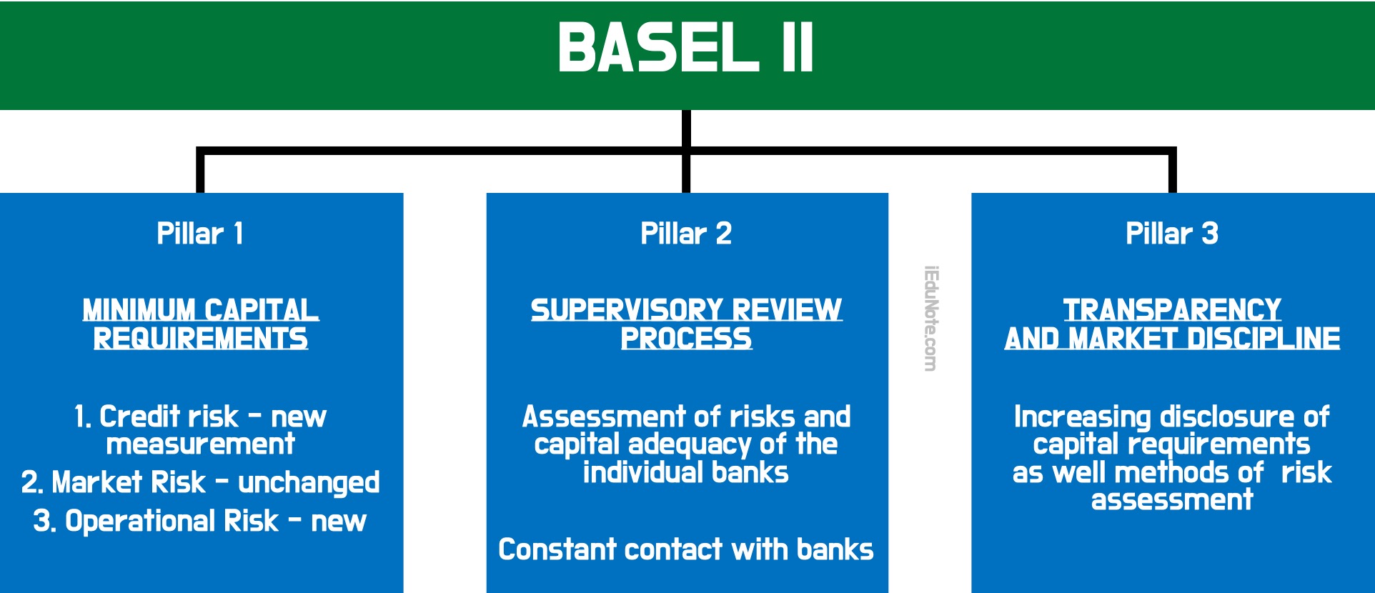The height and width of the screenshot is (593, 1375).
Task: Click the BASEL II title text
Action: tap(685, 47)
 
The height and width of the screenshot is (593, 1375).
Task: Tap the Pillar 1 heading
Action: tap(200, 234)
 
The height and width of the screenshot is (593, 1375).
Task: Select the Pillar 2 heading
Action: tap(686, 234)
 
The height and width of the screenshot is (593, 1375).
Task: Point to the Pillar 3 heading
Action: tap(1172, 234)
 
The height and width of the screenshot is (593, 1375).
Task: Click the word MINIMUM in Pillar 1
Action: tap(139, 310)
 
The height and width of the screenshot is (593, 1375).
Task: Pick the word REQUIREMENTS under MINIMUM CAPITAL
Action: tap(201, 339)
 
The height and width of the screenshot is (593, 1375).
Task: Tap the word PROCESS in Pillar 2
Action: tap(686, 339)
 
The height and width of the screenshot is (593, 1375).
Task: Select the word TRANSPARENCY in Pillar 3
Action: tap(1172, 310)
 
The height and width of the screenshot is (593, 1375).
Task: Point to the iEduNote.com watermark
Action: tap(930, 319)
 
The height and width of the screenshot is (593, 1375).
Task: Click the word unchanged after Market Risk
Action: tap(309, 483)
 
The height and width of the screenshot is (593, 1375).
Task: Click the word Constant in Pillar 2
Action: tap(557, 549)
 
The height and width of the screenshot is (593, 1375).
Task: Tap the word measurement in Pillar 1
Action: tap(200, 444)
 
